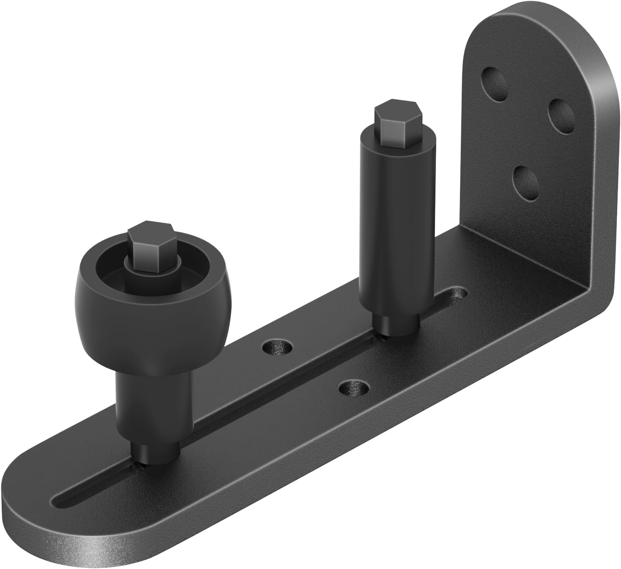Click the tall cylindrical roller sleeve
(388, 228)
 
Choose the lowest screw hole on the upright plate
(525, 182)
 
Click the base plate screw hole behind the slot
(277, 347)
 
